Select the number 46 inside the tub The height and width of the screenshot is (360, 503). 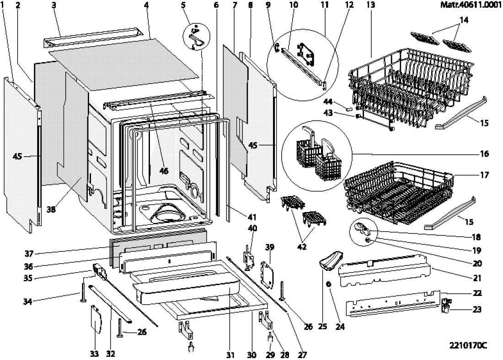point(164,171)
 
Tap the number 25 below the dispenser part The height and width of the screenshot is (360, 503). point(322,327)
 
